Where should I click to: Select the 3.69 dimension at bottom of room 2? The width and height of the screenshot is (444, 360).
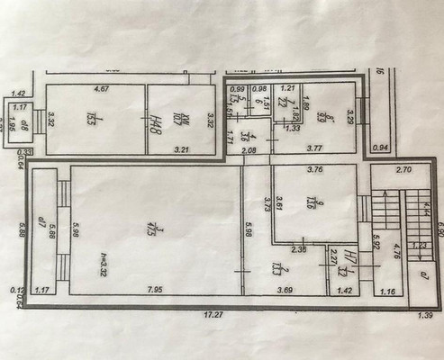284,290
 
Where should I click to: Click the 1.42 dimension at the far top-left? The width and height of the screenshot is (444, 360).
19,94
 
